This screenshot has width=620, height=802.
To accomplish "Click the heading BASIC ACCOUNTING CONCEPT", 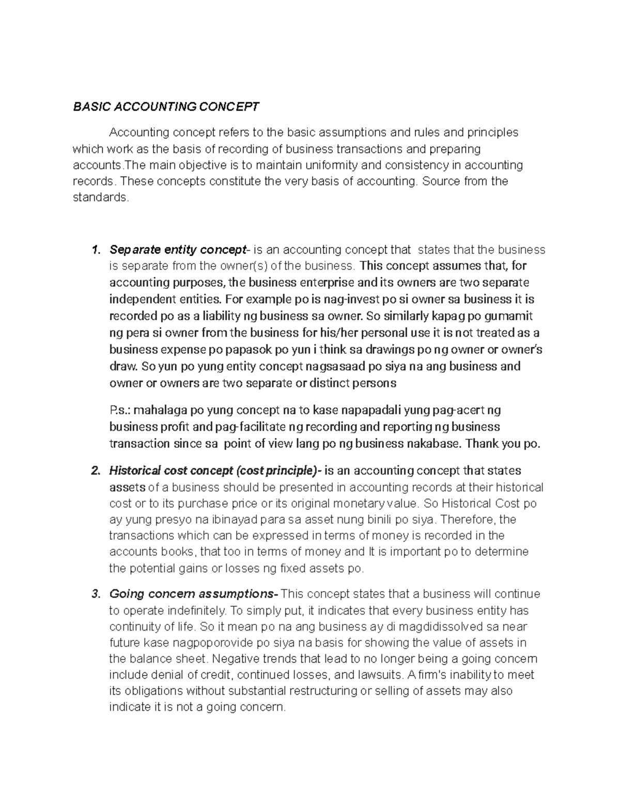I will click(166, 107).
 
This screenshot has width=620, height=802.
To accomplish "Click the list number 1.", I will click(95, 250).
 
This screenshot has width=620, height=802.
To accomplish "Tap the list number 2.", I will click(95, 471).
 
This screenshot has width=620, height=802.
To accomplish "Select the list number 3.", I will click(95, 594).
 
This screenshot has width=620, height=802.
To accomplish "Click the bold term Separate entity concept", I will click(178, 250).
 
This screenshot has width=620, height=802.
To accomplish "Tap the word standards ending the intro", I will click(100, 197).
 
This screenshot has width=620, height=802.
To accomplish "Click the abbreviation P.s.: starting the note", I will click(120, 411).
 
